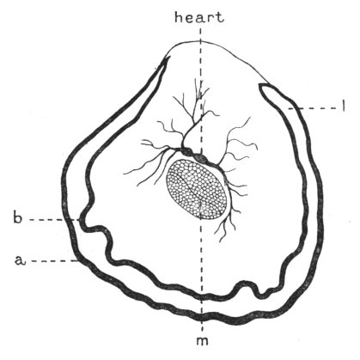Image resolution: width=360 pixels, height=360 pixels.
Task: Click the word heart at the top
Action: coord(199,18)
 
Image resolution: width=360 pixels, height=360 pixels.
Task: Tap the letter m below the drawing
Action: coord(202,341)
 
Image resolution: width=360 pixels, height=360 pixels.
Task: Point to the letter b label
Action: coord(17,217)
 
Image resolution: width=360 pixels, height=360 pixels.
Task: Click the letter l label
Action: coord(343,107)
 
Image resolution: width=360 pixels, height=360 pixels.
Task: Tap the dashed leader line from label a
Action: coord(53,261)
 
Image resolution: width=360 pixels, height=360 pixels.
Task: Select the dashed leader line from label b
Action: coord(55,220)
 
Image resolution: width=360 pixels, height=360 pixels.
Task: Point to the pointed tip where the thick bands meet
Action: coord(167,58)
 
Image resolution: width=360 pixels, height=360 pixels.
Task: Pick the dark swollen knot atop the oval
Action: coord(201,158)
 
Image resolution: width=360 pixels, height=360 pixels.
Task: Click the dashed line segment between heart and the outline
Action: coord(200,34)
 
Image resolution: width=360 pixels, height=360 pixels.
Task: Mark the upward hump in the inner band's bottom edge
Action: coord(242,285)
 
